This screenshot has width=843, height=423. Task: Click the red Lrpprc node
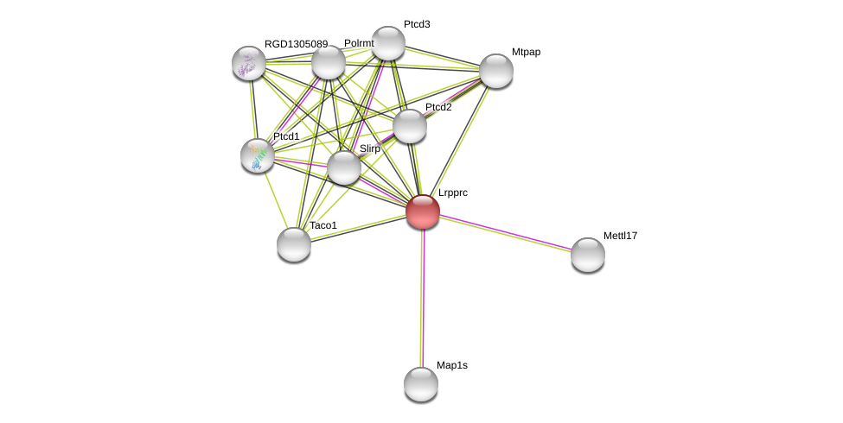coord(423,211)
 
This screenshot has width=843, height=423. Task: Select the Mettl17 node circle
coord(588,255)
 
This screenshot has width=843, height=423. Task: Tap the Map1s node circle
coord(421,384)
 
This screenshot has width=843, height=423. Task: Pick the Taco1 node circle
coord(294,244)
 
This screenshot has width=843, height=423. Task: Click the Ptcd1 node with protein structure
coord(258,155)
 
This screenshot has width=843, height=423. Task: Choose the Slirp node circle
coord(344,167)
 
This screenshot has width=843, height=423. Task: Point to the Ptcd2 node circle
coord(410,126)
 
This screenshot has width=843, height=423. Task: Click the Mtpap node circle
coord(496,71)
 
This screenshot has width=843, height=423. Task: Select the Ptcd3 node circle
coord(388,43)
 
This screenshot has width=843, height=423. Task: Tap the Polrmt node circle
coord(329,62)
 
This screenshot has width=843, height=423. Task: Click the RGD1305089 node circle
coord(249,63)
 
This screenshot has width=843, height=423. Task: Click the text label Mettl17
coord(620,236)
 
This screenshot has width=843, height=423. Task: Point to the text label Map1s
coord(451,365)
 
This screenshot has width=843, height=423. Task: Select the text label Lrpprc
coord(452,193)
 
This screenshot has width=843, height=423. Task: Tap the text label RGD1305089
coord(296,44)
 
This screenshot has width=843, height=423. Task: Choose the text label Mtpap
coord(526,52)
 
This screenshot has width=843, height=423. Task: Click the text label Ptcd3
coord(417,24)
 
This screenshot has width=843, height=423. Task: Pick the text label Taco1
coord(323,225)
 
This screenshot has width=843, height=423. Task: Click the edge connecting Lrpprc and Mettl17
coord(506,233)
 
